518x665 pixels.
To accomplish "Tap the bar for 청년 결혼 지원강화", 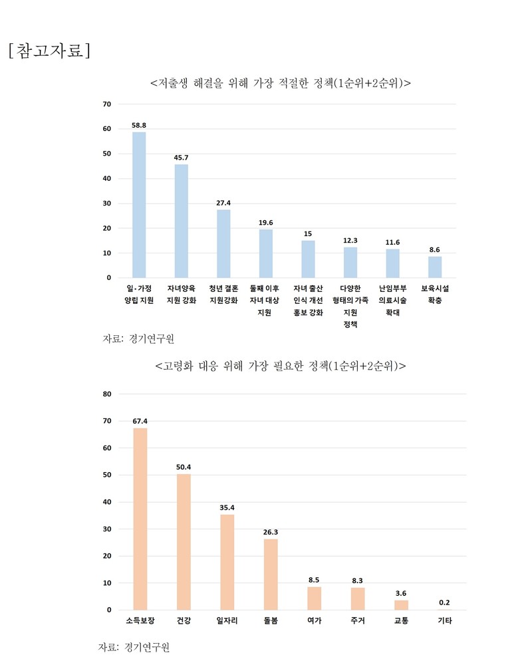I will tap(223, 243).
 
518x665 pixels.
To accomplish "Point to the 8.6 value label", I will tap(435, 249).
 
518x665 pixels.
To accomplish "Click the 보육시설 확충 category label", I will tap(435, 295).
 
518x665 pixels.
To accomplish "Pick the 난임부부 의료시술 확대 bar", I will tap(393, 263).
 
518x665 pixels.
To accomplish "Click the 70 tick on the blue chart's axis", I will tap(107, 104).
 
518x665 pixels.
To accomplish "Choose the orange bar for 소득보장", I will tap(140, 519).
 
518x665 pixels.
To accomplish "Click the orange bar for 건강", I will tap(184, 542).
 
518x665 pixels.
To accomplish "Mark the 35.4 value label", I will tap(227, 507).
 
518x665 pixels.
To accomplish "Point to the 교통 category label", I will tap(401, 620).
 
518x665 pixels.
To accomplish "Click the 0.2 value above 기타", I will tap(445, 602).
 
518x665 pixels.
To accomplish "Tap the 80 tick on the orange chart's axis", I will tap(107, 394).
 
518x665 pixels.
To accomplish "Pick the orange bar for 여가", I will tap(314, 598).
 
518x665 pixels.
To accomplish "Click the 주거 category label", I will tap(358, 620).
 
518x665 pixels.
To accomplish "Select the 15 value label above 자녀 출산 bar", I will tap(308, 233).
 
